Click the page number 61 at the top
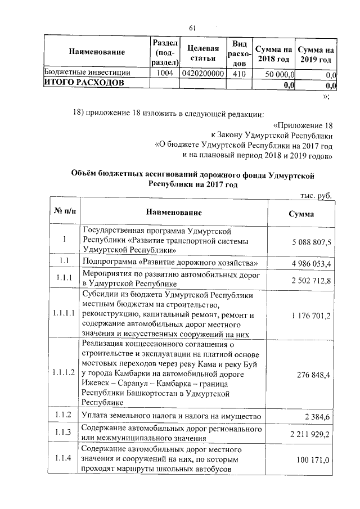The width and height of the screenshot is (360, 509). coord(192,28)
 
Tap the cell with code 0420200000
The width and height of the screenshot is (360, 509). coord(201,73)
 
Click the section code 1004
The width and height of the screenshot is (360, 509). coord(164,73)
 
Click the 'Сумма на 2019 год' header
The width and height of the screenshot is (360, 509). coord(316,52)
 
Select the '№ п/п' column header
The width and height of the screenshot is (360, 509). coord(64,213)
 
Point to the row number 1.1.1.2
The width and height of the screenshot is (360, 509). coord(64,372)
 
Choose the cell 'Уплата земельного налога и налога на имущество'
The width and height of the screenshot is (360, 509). coord(171,416)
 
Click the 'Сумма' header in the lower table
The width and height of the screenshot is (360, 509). coord(301,214)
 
